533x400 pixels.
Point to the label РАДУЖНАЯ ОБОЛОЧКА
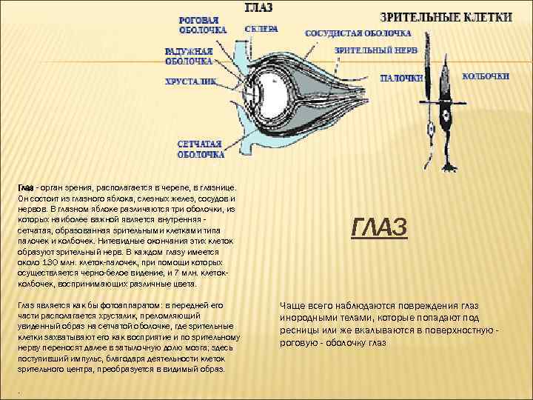(x=189, y=56)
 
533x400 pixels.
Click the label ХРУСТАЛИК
(x=190, y=82)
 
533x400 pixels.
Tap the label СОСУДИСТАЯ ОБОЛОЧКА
(x=358, y=34)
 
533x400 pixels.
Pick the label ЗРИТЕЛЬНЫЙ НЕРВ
(x=375, y=50)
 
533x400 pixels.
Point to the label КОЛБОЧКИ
(x=486, y=76)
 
